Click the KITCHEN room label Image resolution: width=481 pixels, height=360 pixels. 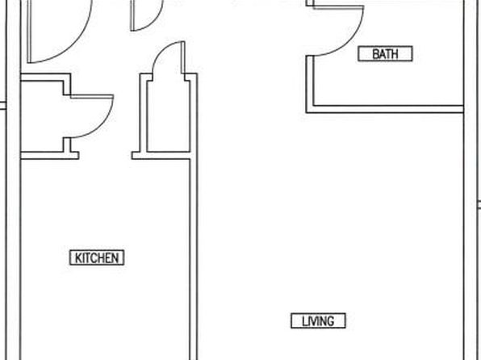tap(97, 257)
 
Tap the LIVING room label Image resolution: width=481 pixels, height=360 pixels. tap(319, 321)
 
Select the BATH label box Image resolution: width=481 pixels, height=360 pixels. tap(385, 54)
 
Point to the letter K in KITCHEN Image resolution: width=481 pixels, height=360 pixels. tap(78, 258)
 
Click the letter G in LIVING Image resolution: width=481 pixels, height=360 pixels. tap(330, 321)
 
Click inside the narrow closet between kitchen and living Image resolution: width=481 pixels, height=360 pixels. tap(168, 116)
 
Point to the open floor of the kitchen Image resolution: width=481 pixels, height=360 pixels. tap(104, 209)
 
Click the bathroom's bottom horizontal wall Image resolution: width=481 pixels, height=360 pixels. tap(385, 109)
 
